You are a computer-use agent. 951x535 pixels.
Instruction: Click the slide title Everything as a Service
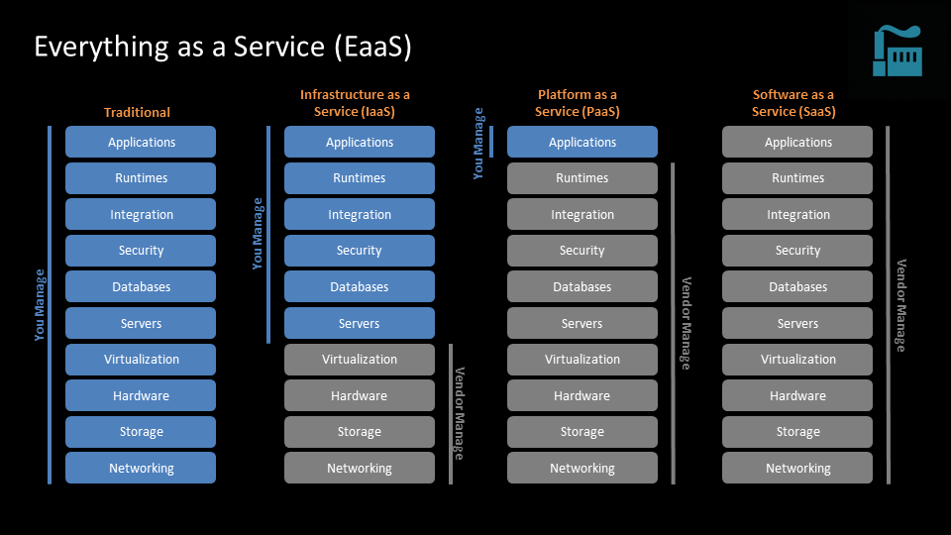click(x=222, y=47)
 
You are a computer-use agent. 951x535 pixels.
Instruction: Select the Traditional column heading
click(x=137, y=112)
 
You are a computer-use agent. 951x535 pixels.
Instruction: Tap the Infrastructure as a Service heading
click(x=355, y=103)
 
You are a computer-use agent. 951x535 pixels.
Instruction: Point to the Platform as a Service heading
click(x=578, y=103)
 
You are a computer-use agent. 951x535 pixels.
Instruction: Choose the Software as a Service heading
click(x=793, y=103)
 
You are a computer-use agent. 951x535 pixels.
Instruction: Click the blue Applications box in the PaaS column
click(x=582, y=142)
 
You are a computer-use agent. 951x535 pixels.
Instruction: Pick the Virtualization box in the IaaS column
click(x=360, y=359)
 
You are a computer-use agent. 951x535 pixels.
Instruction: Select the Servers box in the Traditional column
click(x=141, y=323)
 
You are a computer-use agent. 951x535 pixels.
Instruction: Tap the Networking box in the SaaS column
click(x=797, y=468)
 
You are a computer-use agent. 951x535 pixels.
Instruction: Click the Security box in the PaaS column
click(x=582, y=251)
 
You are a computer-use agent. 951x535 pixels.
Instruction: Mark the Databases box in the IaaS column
click(x=360, y=286)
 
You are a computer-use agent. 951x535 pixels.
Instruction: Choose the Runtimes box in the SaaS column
click(x=797, y=178)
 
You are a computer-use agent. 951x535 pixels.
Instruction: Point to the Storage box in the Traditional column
click(x=141, y=431)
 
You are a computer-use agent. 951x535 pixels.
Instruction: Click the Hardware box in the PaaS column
click(x=582, y=395)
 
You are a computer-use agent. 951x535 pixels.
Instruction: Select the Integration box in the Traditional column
click(x=141, y=214)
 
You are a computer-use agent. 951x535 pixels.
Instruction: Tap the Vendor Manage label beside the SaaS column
click(x=900, y=305)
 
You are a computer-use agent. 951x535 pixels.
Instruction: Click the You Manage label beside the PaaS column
click(x=478, y=143)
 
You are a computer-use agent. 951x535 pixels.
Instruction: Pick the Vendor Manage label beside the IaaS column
click(x=459, y=413)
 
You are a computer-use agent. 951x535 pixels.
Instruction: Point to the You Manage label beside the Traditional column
click(x=40, y=305)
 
